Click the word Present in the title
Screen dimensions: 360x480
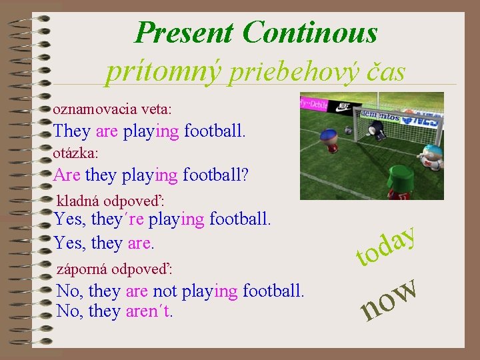(184, 32)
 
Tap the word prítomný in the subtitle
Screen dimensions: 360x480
(163, 72)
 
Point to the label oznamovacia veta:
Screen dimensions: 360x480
(112, 108)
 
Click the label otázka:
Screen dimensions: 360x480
(75, 153)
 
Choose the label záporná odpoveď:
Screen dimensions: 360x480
(115, 270)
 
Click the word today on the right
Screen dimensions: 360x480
(387, 246)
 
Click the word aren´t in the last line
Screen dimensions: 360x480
(149, 311)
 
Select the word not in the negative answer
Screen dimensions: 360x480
(165, 291)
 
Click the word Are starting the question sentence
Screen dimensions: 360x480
(67, 175)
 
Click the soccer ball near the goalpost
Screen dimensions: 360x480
(348, 126)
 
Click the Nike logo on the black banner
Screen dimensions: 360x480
(343, 105)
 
